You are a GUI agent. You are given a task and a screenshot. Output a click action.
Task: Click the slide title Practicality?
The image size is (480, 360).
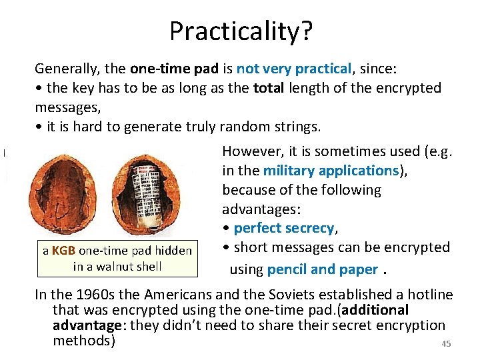pos(240,31)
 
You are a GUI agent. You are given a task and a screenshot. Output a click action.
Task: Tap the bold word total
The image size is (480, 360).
pos(270,88)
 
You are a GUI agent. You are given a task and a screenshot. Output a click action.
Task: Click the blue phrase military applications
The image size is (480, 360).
pos(331,171)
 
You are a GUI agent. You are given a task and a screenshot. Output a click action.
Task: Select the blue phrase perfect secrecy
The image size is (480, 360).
pos(284,228)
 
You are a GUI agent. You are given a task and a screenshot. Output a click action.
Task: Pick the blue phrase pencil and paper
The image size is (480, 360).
pos(322,269)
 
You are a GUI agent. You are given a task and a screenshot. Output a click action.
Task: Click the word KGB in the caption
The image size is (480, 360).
pos(63,251)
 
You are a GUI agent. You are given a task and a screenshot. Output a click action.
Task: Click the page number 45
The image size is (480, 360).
pos(446,344)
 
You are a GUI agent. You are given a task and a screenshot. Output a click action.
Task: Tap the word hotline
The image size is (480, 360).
pos(427,295)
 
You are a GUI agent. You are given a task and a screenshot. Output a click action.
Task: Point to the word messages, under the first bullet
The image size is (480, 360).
pos(65,107)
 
